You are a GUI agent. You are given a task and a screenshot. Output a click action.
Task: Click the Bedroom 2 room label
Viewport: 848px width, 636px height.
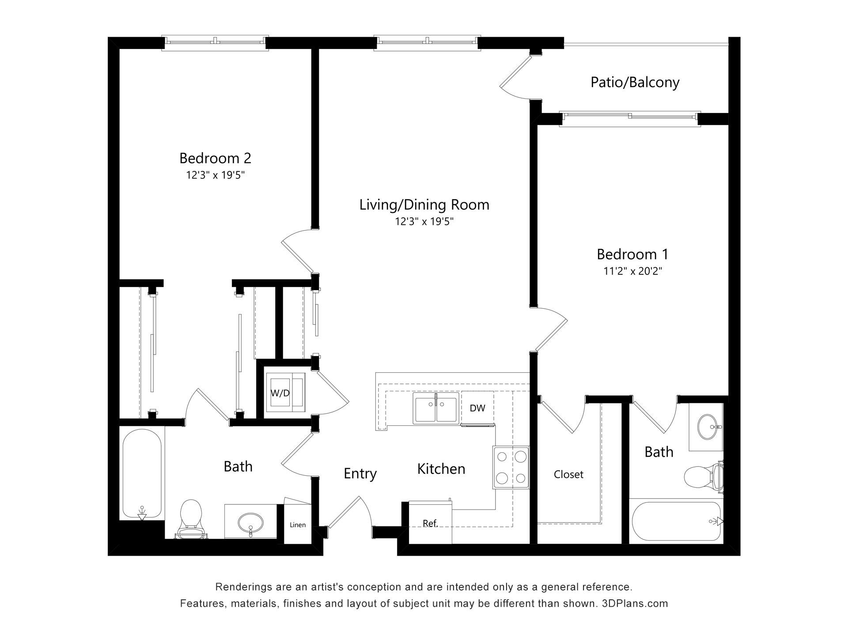[215, 158]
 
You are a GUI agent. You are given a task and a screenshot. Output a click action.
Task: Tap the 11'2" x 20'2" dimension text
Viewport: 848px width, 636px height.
[632, 271]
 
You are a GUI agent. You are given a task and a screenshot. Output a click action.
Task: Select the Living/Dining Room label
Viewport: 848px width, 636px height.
[424, 205]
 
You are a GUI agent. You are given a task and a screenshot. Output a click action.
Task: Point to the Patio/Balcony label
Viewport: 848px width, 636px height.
[635, 83]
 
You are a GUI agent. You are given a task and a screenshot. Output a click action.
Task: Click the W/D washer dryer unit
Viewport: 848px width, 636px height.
[285, 392]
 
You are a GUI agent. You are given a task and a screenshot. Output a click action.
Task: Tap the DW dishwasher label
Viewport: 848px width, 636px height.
[477, 408]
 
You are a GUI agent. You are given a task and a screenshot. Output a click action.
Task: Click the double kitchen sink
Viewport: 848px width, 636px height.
[436, 408]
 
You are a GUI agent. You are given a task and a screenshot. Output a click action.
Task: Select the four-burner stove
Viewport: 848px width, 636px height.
[511, 467]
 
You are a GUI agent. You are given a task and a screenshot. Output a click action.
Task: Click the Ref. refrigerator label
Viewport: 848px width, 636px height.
[430, 523]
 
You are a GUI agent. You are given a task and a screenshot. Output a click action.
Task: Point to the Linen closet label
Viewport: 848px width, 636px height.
[298, 525]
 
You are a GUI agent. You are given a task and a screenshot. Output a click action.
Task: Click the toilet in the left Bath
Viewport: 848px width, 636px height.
[192, 519]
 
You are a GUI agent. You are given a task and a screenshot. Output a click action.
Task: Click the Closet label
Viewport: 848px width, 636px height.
[568, 474]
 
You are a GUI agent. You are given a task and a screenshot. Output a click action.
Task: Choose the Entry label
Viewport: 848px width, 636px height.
[360, 473]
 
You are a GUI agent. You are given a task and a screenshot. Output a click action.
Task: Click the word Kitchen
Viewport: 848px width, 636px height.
[441, 469]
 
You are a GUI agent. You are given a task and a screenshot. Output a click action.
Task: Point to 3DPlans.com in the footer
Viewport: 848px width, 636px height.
[635, 603]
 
